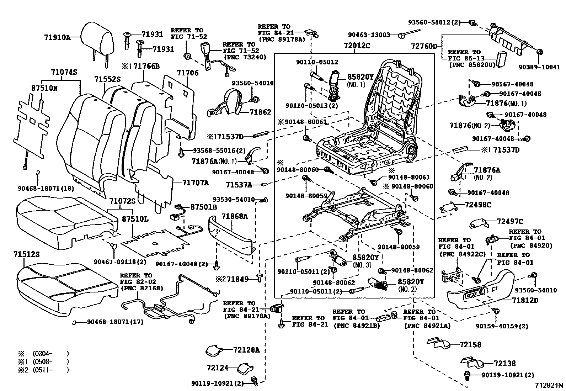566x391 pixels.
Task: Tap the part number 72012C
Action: tap(357, 46)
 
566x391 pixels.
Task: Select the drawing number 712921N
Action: tap(550, 385)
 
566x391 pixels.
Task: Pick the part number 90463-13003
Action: tap(369, 35)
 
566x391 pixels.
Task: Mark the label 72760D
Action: tap(424, 47)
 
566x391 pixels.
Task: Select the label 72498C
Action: tap(478, 205)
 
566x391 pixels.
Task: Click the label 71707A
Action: tap(196, 183)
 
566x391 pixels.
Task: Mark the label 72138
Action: tap(504, 363)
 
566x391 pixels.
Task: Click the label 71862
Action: tap(260, 112)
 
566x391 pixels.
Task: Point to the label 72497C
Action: tap(510, 222)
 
